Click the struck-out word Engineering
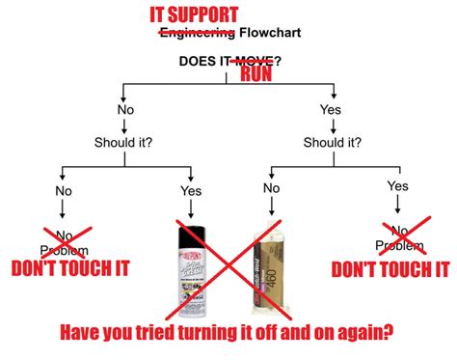click(196, 34)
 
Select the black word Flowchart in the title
click(270, 34)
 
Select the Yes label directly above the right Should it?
click(331, 110)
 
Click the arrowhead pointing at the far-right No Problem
click(397, 214)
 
